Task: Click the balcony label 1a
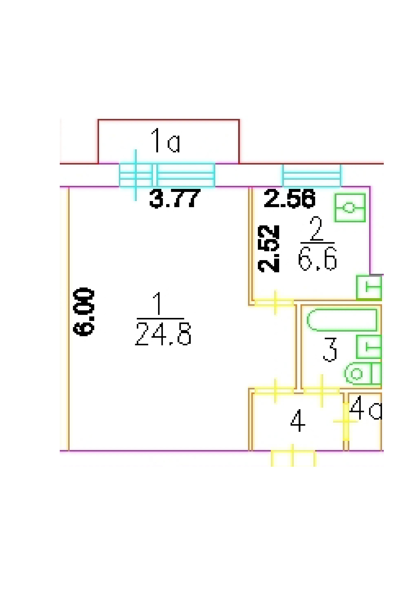click(x=166, y=141)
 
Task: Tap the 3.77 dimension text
click(x=175, y=198)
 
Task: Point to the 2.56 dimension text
click(x=289, y=198)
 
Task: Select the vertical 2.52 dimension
click(x=269, y=248)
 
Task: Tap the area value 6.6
click(x=317, y=259)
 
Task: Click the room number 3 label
click(x=330, y=349)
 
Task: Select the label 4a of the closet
click(x=365, y=408)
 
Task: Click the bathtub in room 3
click(x=342, y=320)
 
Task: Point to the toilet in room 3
click(x=363, y=373)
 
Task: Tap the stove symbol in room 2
click(x=350, y=208)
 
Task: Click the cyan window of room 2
click(x=312, y=176)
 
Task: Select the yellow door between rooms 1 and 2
click(x=275, y=302)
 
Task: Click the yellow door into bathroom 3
click(x=321, y=390)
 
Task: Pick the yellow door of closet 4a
click(x=346, y=421)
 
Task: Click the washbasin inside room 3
click(x=369, y=347)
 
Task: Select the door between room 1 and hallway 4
click(x=275, y=390)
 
